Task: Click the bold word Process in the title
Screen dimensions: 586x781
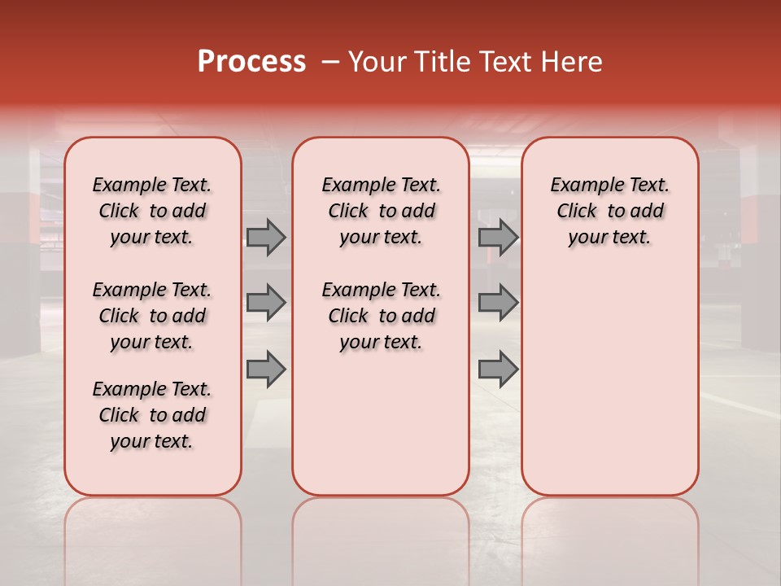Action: click(251, 62)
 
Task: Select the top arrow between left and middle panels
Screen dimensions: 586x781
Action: click(266, 237)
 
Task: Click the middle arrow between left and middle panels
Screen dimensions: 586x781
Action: click(266, 303)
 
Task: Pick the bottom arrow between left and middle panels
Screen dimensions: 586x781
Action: click(266, 370)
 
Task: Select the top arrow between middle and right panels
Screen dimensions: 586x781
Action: click(498, 237)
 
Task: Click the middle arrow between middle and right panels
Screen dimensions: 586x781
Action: click(498, 303)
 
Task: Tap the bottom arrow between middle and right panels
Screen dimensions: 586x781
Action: click(498, 370)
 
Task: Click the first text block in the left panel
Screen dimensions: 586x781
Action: click(152, 211)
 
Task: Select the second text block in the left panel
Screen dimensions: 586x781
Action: click(152, 316)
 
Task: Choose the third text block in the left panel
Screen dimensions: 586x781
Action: click(152, 415)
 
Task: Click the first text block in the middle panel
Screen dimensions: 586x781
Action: click(381, 211)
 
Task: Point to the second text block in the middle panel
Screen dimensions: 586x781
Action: click(381, 316)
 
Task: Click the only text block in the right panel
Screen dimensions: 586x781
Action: click(609, 211)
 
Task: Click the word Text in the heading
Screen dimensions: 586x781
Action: click(501, 62)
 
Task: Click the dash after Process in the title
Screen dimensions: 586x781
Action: click(329, 62)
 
